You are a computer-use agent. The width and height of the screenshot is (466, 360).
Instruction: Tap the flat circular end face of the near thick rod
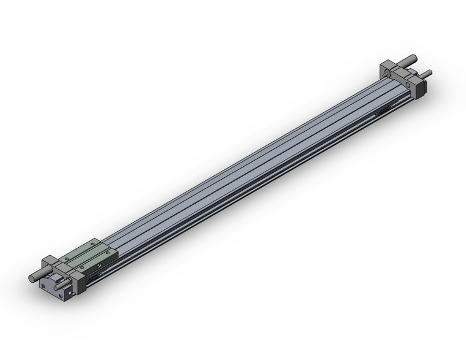32,279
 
